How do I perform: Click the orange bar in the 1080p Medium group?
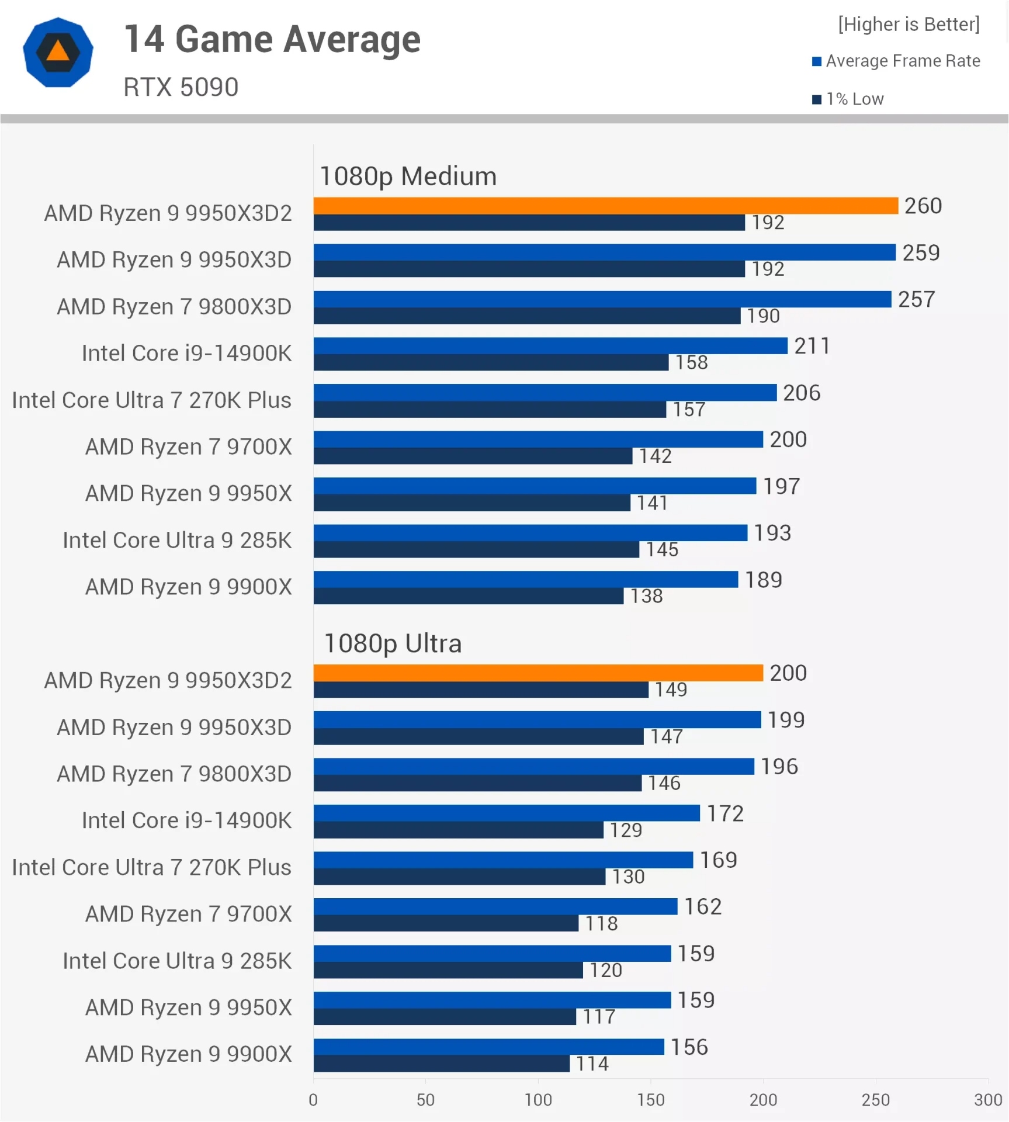(605, 206)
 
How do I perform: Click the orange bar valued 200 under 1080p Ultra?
(538, 673)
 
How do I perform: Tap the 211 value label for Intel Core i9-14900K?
(812, 346)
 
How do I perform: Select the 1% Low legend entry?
(848, 99)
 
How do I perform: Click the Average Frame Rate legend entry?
(896, 61)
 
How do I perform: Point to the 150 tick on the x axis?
(650, 1100)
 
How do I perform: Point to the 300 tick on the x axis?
(987, 1100)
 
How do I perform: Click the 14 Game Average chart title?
(272, 39)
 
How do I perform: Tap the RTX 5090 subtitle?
(181, 87)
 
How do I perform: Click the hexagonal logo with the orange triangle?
(58, 52)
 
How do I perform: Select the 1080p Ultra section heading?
(393, 643)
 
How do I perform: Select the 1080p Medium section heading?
(408, 176)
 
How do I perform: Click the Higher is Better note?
(908, 24)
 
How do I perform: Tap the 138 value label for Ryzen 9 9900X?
(646, 596)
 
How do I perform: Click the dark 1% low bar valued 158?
(491, 362)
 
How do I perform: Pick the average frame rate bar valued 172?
(506, 813)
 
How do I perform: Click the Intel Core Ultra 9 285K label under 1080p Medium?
(176, 540)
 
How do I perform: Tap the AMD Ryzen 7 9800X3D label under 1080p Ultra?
(174, 774)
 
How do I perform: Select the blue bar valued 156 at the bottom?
(488, 1047)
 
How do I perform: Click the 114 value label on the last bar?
(592, 1064)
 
